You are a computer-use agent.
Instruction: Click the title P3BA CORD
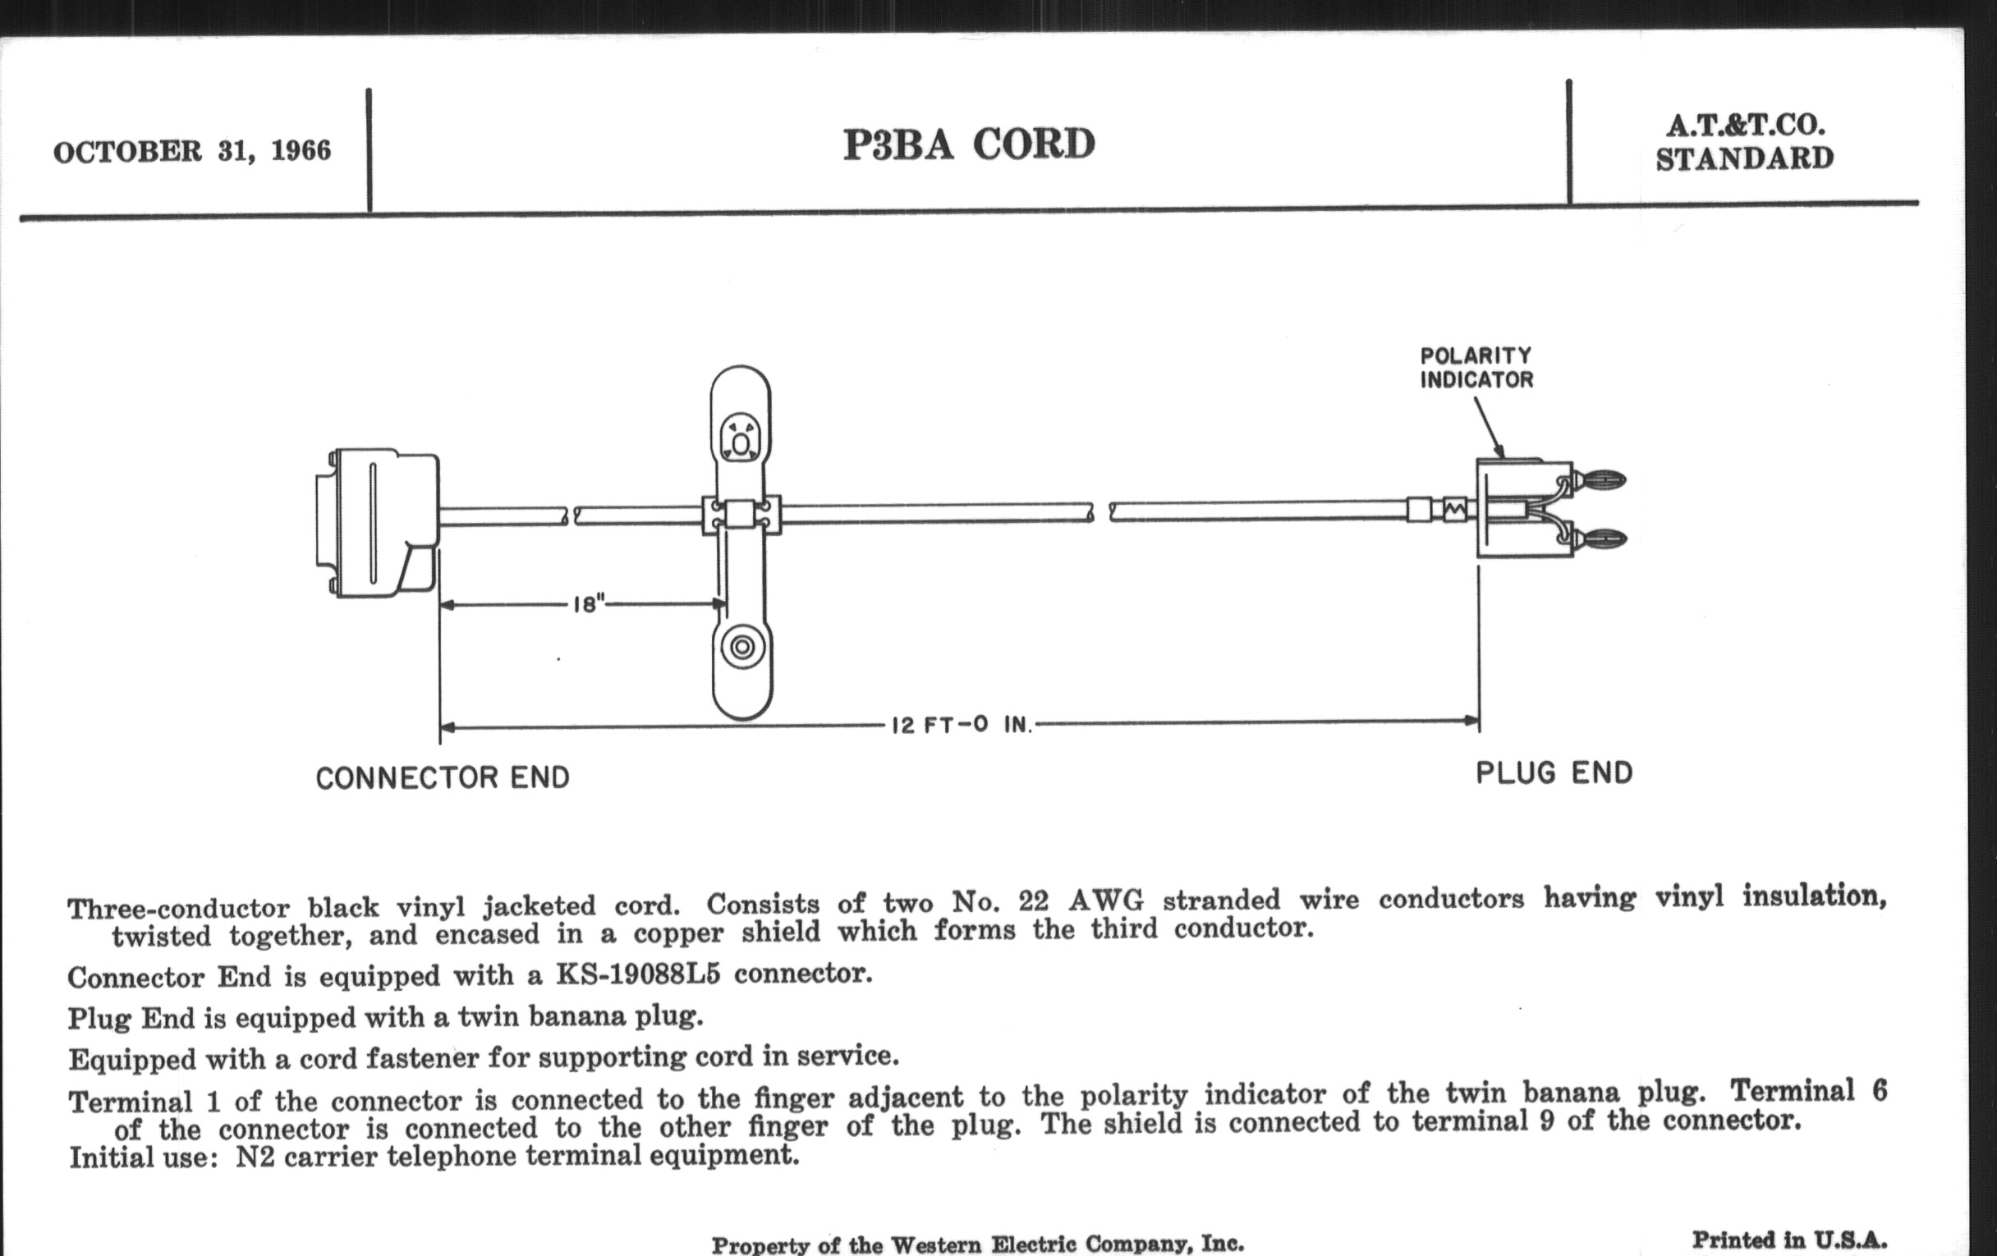click(969, 144)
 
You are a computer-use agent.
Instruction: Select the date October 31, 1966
click(191, 151)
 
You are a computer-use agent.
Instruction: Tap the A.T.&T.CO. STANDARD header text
click(1744, 142)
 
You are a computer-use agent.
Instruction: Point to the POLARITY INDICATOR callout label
click(1476, 367)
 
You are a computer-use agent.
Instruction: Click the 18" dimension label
click(588, 603)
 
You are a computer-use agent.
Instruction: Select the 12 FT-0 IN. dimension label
click(962, 726)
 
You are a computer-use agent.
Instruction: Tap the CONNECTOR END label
click(442, 777)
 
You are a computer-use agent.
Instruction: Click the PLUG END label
click(1554, 773)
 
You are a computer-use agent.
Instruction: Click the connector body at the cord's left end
click(378, 522)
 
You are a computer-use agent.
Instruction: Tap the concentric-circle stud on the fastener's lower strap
click(741, 647)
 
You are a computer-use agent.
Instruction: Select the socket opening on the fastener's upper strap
click(740, 437)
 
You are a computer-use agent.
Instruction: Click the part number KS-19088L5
click(637, 974)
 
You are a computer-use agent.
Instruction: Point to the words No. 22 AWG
click(1048, 901)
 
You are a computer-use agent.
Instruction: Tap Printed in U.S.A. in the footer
click(1788, 1240)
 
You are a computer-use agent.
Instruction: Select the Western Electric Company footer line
click(977, 1244)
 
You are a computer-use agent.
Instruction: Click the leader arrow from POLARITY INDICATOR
click(1488, 426)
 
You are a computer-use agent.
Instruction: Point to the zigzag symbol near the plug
click(1453, 509)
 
